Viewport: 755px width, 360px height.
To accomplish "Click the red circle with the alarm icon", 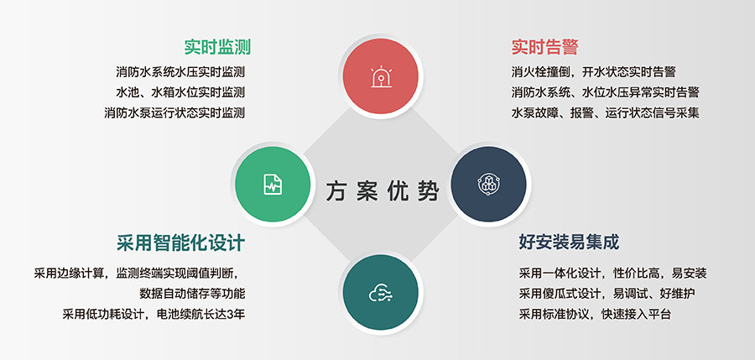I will click(x=381, y=75).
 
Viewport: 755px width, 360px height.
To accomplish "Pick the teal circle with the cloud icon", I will click(x=381, y=293).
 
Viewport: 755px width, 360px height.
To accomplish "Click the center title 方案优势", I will click(x=383, y=192).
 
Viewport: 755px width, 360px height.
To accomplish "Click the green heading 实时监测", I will click(x=218, y=47).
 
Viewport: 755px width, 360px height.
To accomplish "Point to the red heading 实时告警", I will click(x=544, y=47).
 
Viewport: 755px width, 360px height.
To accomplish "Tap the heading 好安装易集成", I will click(x=569, y=243).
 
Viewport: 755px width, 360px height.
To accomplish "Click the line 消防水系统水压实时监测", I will click(x=180, y=72).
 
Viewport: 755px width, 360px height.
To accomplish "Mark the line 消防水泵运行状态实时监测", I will click(x=174, y=112).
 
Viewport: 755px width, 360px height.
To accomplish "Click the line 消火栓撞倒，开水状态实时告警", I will click(x=599, y=72).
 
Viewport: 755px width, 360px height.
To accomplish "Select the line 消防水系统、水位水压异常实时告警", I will click(x=605, y=92).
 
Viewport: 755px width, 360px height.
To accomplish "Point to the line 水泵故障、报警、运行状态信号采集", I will click(x=605, y=112).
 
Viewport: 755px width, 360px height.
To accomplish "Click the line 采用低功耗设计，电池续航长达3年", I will click(x=158, y=315).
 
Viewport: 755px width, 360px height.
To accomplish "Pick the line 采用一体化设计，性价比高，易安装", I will click(x=612, y=274).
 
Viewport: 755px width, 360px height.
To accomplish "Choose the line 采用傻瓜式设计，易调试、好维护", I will click(x=607, y=294).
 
